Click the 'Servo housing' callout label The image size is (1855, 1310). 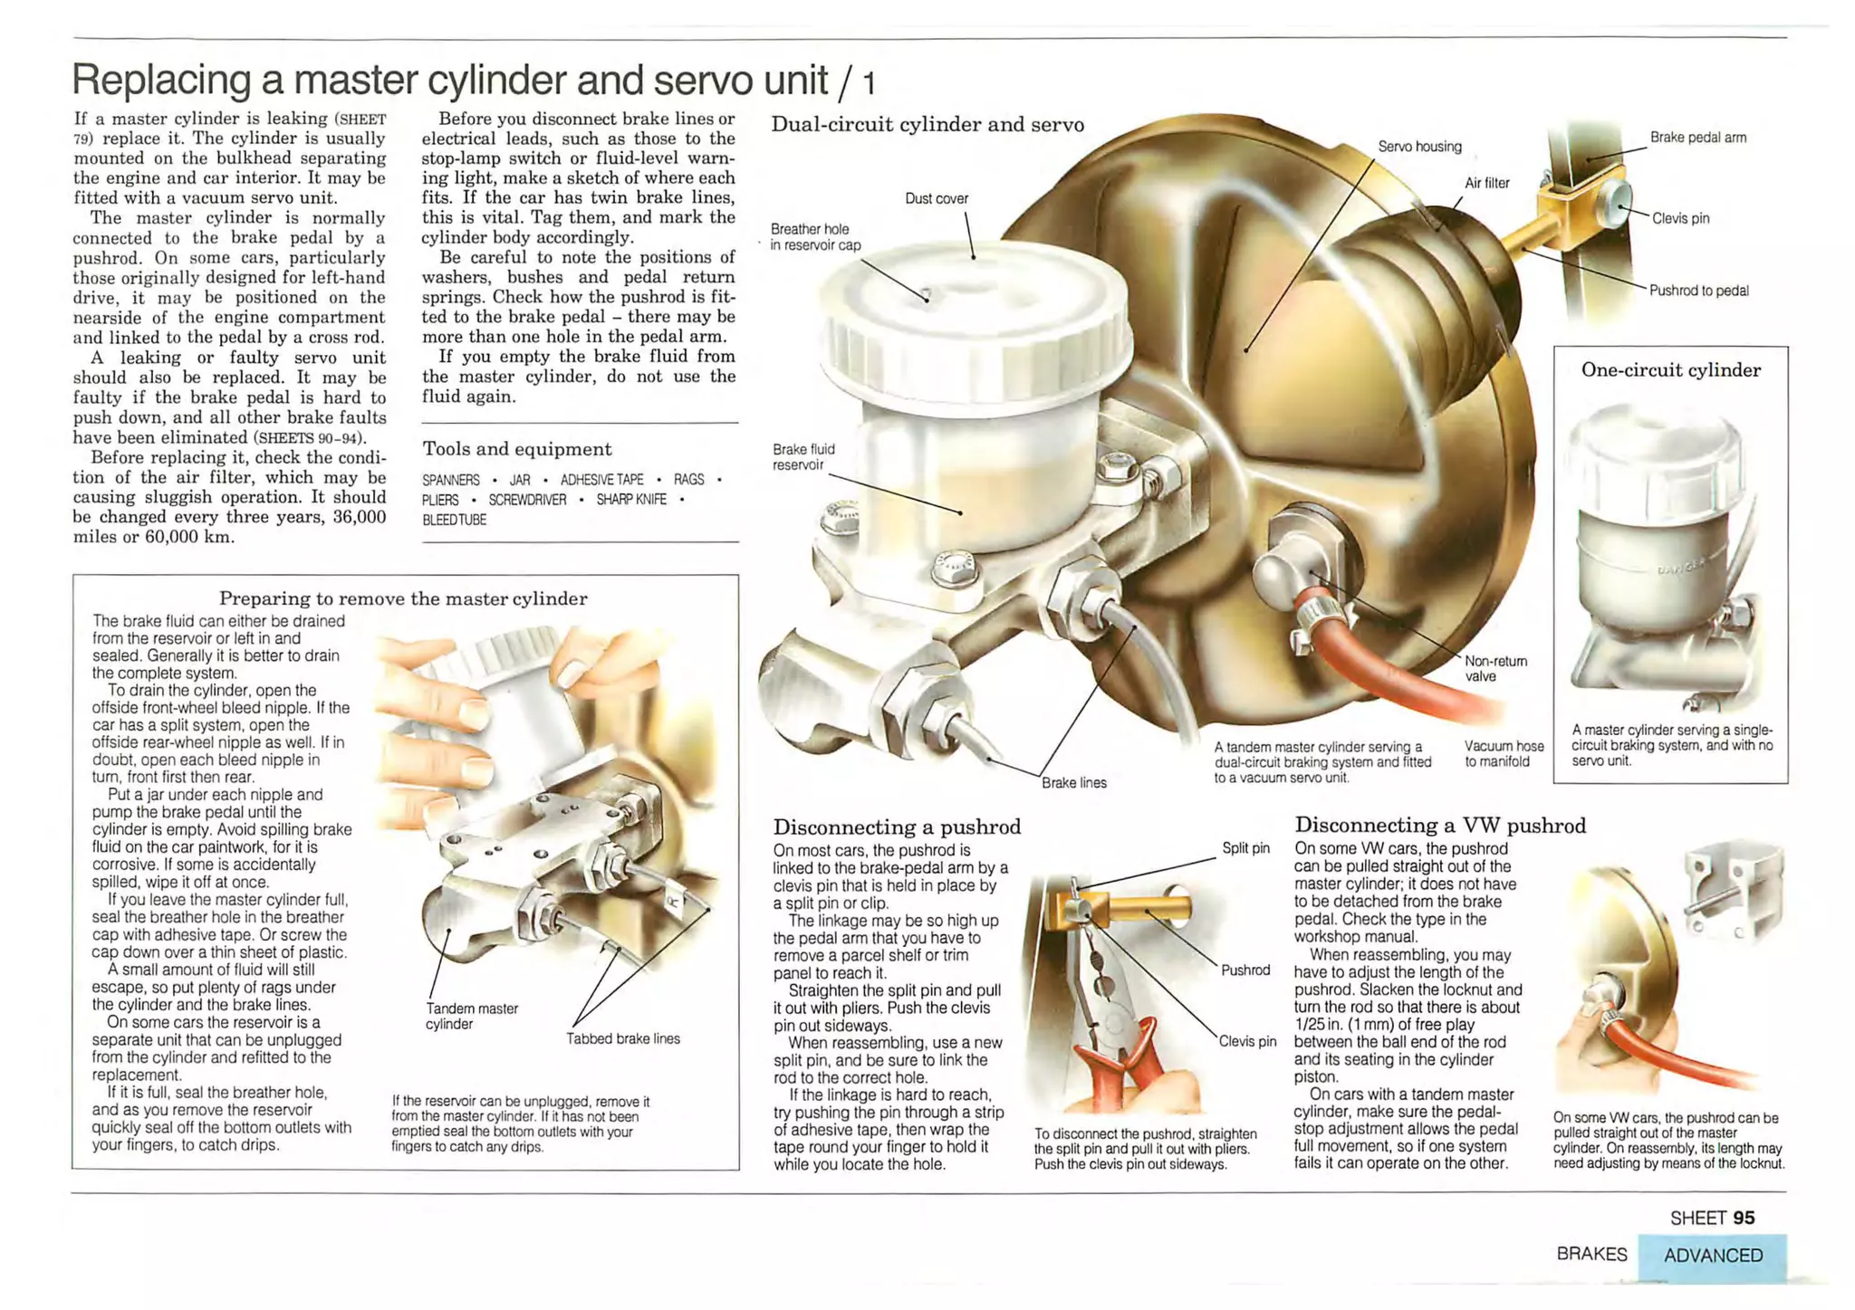click(x=1419, y=147)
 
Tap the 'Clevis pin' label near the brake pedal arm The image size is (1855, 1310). click(x=1680, y=218)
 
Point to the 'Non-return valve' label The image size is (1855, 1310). click(x=1495, y=668)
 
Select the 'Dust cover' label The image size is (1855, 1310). click(x=937, y=198)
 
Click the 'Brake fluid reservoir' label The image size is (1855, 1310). click(x=803, y=457)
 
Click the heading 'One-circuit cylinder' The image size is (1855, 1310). click(x=1670, y=369)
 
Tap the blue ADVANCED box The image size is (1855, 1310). click(x=1712, y=1256)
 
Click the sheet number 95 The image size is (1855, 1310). click(x=1744, y=1219)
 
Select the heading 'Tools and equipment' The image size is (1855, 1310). click(x=517, y=449)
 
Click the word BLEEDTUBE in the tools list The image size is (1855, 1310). click(x=454, y=520)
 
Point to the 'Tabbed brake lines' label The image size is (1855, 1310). click(x=622, y=1038)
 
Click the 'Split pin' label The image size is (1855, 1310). click(x=1245, y=848)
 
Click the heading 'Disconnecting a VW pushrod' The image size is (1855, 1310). click(x=1439, y=825)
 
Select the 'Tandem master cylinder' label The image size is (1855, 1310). click(x=471, y=1016)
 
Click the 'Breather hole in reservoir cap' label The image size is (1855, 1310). click(x=814, y=237)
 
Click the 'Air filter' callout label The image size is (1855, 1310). click(x=1486, y=183)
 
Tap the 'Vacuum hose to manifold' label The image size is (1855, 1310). click(x=1504, y=753)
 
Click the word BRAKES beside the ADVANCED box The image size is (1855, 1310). click(x=1591, y=1255)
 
